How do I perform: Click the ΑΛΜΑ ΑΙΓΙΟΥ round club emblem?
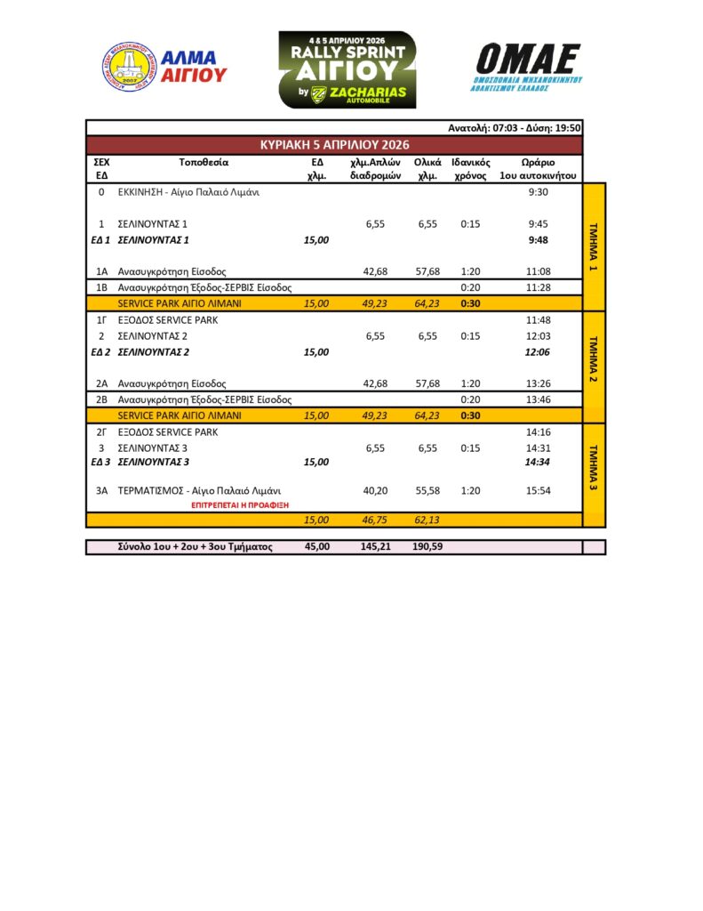(129, 67)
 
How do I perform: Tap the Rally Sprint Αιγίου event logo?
(347, 69)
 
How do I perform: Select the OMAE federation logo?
(528, 68)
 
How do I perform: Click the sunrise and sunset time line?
(514, 128)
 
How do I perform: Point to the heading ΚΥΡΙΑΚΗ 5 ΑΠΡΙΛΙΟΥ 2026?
(334, 144)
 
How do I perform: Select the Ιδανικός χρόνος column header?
(471, 169)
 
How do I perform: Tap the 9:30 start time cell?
(538, 191)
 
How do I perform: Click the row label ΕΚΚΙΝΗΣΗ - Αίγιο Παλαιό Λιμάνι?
(188, 191)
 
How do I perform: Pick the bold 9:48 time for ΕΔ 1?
(538, 240)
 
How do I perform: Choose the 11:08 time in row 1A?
(539, 271)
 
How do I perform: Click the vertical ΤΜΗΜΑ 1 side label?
(594, 247)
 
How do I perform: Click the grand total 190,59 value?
(427, 546)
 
